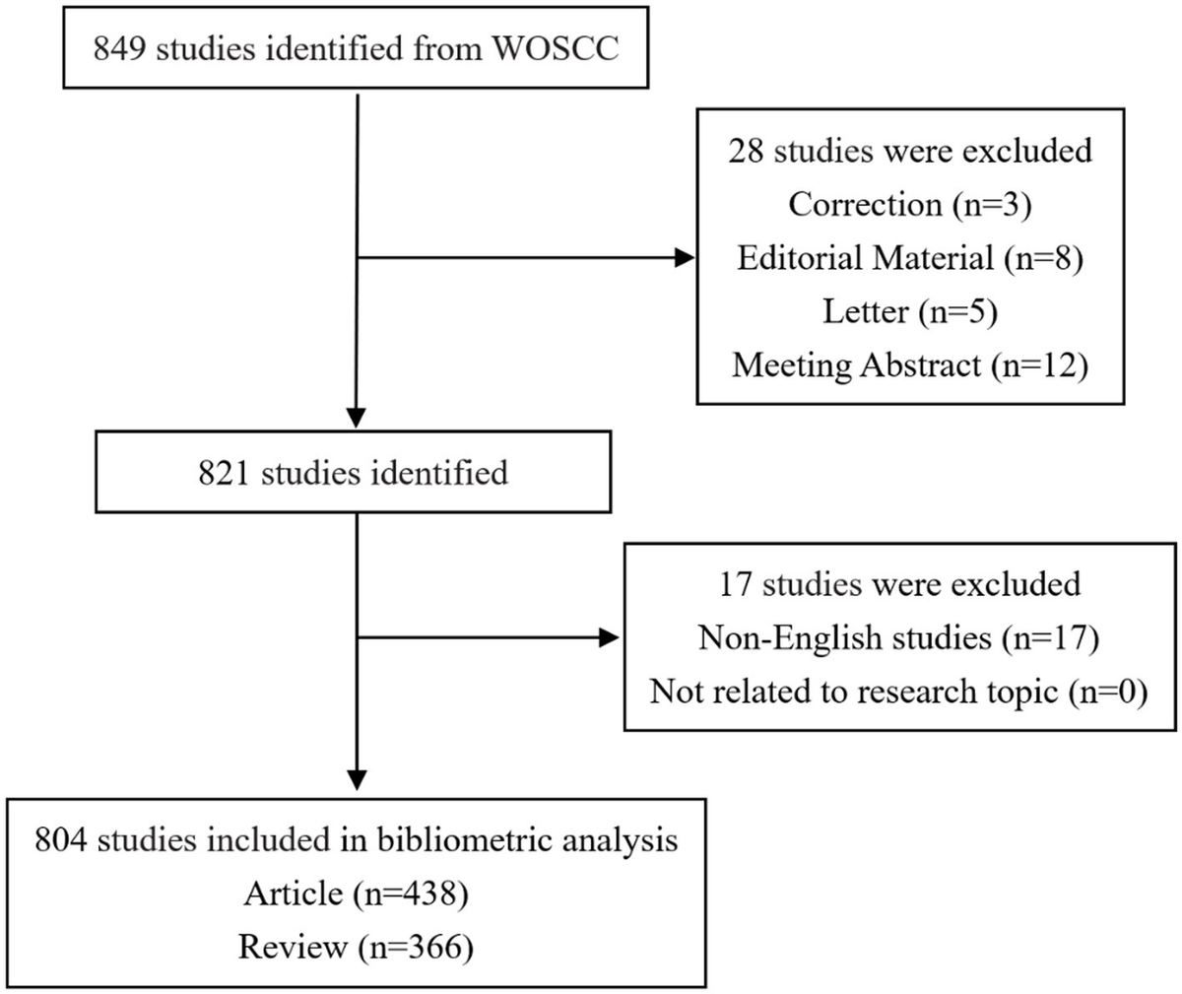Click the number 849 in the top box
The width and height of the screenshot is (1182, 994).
pyautogui.click(x=118, y=48)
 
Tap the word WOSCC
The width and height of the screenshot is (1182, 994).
pyautogui.click(x=556, y=48)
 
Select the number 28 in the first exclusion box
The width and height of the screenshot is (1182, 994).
pyautogui.click(x=745, y=151)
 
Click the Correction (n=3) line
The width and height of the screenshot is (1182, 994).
pyautogui.click(x=910, y=204)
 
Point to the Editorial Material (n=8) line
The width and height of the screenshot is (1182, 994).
pyautogui.click(x=910, y=258)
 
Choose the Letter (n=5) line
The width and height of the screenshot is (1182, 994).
pyautogui.click(x=910, y=312)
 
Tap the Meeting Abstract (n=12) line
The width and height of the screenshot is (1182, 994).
pyautogui.click(x=910, y=365)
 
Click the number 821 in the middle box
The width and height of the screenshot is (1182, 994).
pyautogui.click(x=223, y=473)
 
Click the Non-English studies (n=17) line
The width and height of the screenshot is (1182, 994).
pyautogui.click(x=899, y=638)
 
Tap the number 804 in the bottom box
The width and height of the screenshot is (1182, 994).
pyautogui.click(x=60, y=839)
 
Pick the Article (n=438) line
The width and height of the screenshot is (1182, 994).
pyautogui.click(x=356, y=895)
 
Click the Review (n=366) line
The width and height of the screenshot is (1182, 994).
pyautogui.click(x=356, y=948)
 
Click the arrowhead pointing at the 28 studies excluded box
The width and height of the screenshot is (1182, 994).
pyautogui.click(x=685, y=258)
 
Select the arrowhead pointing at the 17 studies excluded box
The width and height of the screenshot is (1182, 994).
pyautogui.click(x=610, y=638)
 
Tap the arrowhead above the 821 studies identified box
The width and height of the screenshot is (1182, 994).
pyautogui.click(x=356, y=418)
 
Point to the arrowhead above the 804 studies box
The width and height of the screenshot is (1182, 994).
pyautogui.click(x=357, y=780)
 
